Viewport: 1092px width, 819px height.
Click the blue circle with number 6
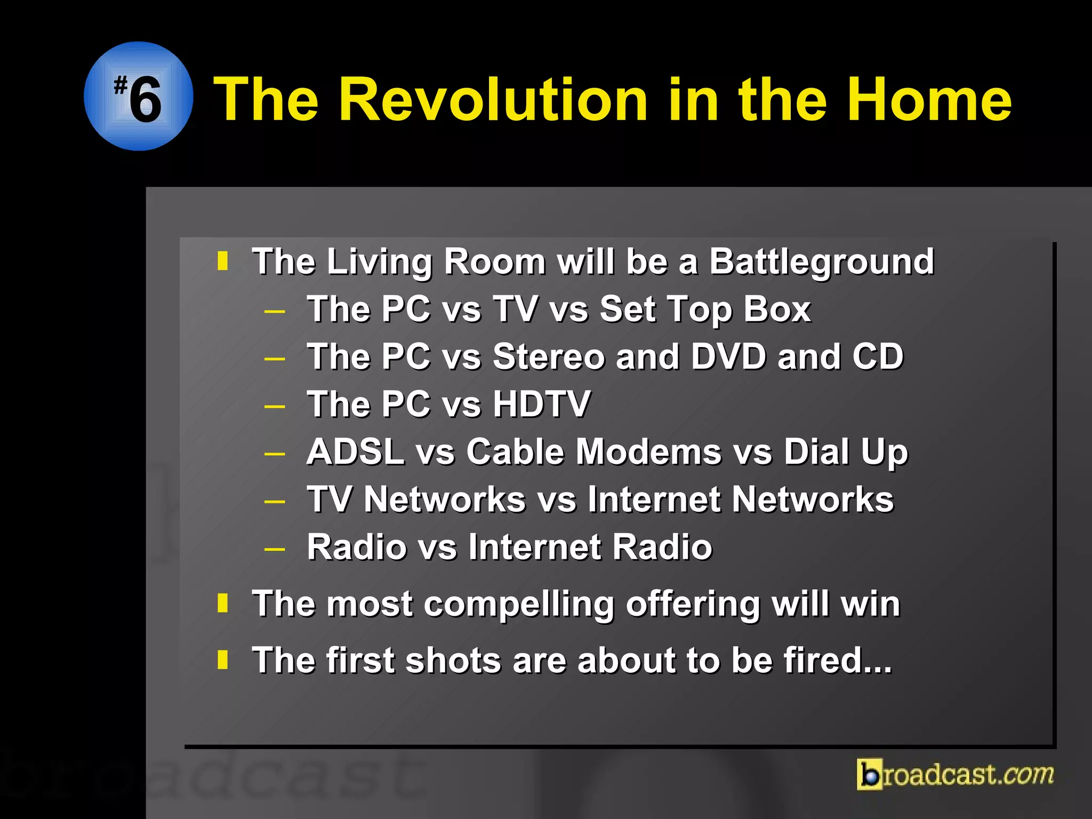point(139,97)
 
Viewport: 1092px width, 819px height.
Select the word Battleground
point(821,262)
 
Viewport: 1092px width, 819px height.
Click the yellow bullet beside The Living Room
point(223,261)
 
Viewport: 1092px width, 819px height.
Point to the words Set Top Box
point(705,309)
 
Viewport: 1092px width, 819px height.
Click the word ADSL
point(355,452)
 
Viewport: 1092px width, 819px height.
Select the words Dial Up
point(845,453)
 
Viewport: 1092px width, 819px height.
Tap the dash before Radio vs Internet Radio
point(275,549)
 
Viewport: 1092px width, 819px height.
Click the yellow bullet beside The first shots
point(223,660)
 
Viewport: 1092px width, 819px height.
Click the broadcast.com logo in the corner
point(955,774)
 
